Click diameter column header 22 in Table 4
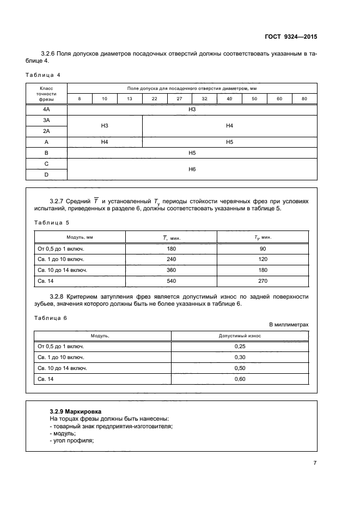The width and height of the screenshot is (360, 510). [x=155, y=99]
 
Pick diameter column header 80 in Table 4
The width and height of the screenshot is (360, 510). [x=304, y=99]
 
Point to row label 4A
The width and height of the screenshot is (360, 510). [x=46, y=110]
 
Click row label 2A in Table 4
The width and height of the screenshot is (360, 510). [x=46, y=131]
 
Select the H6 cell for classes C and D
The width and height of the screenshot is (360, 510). [x=192, y=169]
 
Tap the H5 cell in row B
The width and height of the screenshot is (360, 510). [x=192, y=153]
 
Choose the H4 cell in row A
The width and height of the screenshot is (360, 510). [x=105, y=142]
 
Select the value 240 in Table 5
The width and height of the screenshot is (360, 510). [x=172, y=259]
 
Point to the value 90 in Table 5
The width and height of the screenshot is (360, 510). [x=263, y=248]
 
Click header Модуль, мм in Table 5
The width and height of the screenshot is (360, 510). [x=80, y=238]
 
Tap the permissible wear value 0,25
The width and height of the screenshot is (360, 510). [x=240, y=346]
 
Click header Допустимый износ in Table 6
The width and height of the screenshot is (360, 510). [x=240, y=336]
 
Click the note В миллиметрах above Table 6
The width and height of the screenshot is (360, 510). [x=289, y=324]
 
